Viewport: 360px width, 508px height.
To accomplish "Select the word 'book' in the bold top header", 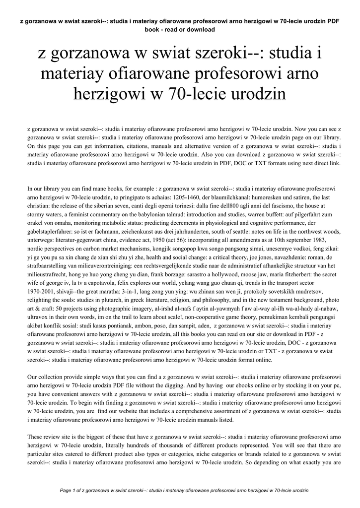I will coord(153,30).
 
